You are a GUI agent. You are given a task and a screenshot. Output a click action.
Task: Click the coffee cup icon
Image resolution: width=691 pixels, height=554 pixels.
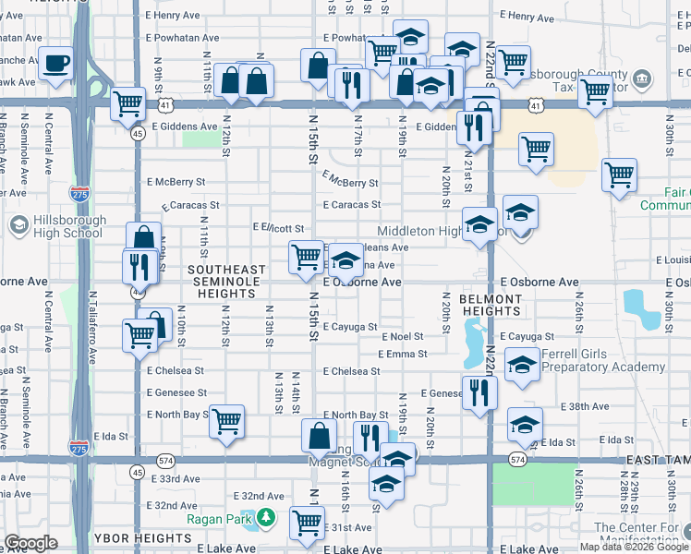[x=57, y=64]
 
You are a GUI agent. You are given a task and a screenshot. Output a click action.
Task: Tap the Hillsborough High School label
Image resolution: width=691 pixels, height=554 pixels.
[x=55, y=227]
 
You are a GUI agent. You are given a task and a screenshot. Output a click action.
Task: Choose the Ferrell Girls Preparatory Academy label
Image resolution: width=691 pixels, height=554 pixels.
[x=603, y=360]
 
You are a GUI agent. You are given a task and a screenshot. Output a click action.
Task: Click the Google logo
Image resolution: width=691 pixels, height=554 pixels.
[x=30, y=543]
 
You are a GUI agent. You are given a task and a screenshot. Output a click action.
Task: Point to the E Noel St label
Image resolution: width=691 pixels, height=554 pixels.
[x=401, y=338]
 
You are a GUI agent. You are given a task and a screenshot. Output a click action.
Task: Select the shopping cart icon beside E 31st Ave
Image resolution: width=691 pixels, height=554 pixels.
[x=306, y=523]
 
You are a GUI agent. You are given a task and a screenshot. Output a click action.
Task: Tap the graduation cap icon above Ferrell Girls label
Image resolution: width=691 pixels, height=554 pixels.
[x=522, y=365]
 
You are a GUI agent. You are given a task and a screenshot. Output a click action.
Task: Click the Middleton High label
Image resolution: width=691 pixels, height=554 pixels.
[x=425, y=231]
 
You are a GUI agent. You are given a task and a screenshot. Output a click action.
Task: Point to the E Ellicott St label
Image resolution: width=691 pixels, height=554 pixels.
[x=278, y=227]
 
